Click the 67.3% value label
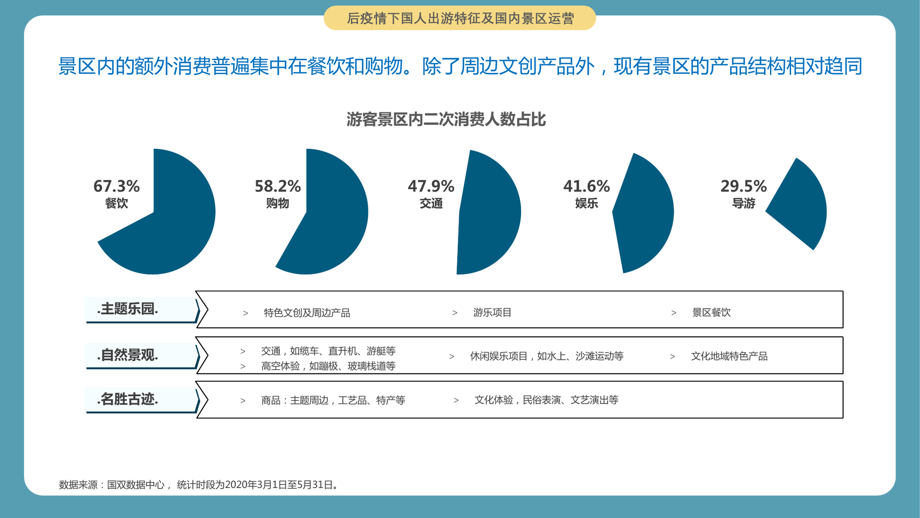116,186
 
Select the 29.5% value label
743,186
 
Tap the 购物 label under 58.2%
278,203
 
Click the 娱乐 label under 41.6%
587,203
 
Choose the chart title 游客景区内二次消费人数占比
446,120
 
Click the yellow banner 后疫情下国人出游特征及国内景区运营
460,18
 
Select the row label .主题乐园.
128,309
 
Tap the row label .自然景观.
128,355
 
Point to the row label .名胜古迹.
128,399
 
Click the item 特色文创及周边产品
307,313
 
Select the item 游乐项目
492,313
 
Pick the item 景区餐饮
712,313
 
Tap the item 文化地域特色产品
729,356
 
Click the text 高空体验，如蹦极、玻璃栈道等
328,366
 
